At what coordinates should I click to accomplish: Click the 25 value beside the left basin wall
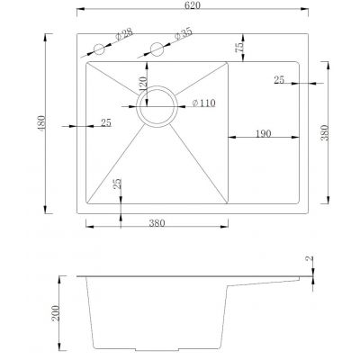click(x=105, y=122)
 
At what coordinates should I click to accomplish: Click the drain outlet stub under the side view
click(x=157, y=351)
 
